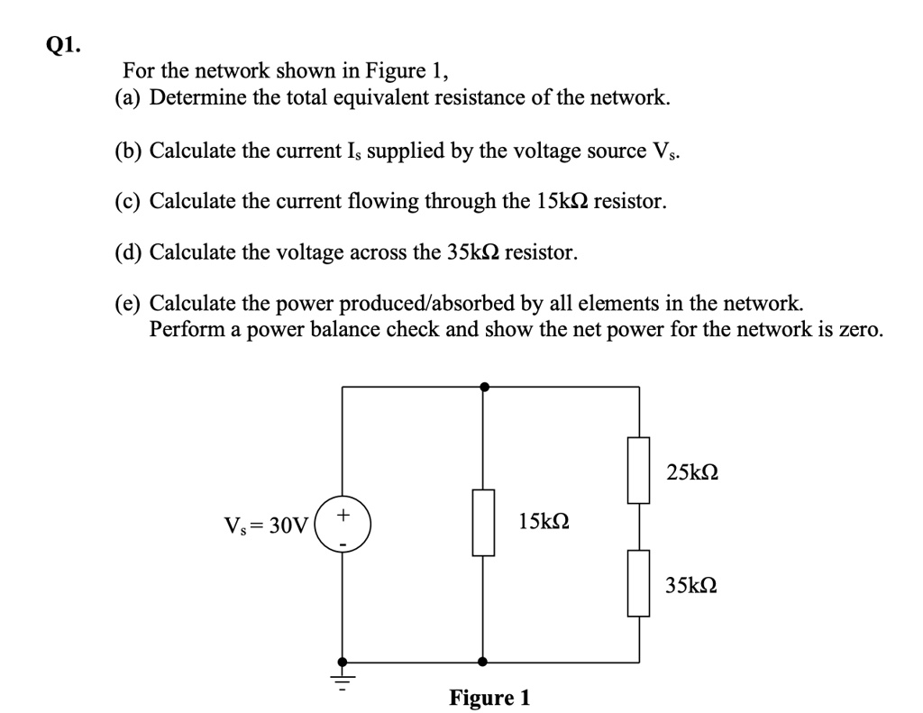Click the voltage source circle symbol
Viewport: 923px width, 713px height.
[342, 524]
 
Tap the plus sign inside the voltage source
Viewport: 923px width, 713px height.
[343, 515]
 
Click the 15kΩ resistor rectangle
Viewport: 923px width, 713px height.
[484, 522]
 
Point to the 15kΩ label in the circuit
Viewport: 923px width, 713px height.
[544, 522]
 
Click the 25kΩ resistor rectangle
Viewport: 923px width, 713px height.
[639, 469]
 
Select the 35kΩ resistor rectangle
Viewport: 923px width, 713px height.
[639, 582]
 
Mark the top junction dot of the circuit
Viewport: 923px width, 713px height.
[484, 387]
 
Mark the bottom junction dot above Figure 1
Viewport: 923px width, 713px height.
[484, 661]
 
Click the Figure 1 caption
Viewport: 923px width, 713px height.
[489, 698]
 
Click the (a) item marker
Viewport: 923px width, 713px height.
[129, 97]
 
